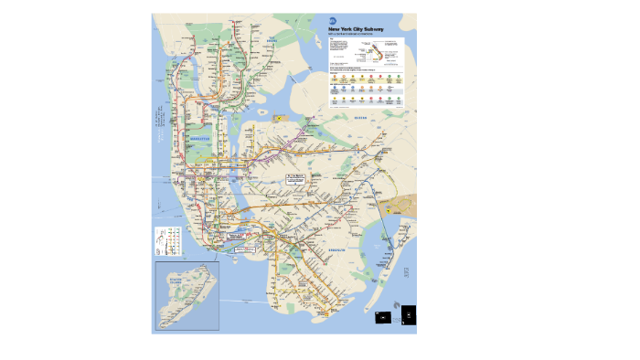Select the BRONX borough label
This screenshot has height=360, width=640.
272,42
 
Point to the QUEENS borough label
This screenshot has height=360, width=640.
359,118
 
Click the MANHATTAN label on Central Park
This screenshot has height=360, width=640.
200,140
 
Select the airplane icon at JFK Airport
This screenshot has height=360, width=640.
389,209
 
